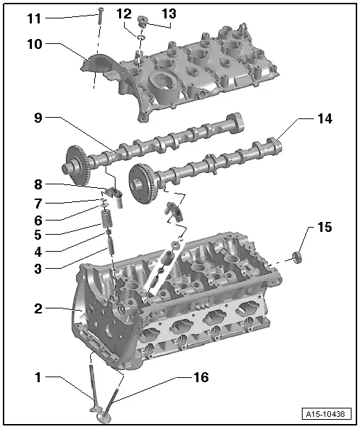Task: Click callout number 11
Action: click(34, 18)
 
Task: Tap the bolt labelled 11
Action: click(101, 16)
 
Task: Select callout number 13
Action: click(169, 13)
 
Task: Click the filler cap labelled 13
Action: click(142, 21)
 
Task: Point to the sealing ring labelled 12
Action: click(141, 37)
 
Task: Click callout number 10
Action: click(35, 44)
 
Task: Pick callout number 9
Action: click(38, 118)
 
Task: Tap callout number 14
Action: click(325, 118)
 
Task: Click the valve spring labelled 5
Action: click(108, 218)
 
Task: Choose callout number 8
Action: click(38, 184)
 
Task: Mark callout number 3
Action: click(38, 269)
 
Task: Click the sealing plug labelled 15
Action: click(297, 257)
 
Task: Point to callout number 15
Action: click(325, 227)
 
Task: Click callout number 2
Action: click(38, 308)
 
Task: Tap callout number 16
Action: click(201, 377)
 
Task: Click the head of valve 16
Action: click(104, 416)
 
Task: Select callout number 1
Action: click(38, 377)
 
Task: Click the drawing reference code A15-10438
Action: click(327, 414)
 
